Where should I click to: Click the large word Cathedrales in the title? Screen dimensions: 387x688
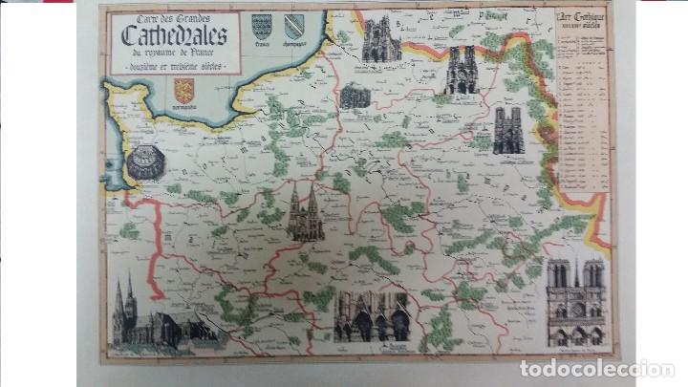pyautogui.click(x=173, y=34)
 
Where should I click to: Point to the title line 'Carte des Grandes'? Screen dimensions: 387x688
pyautogui.click(x=173, y=16)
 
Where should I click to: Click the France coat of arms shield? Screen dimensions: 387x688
pyautogui.click(x=260, y=26)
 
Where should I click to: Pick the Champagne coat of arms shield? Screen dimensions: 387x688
pyautogui.click(x=294, y=25)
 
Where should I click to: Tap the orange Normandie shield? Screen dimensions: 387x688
pyautogui.click(x=184, y=90)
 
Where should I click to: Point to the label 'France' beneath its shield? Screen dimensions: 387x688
pyautogui.click(x=260, y=44)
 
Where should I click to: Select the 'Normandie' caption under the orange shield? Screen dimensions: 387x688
pyautogui.click(x=184, y=107)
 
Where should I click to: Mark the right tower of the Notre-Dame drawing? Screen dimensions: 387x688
pyautogui.click(x=593, y=277)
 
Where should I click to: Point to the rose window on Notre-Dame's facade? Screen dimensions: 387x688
pyautogui.click(x=576, y=308)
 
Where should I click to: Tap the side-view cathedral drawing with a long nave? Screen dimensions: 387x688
pyautogui.click(x=162, y=315)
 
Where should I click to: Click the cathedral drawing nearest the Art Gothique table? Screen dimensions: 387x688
pyautogui.click(x=508, y=130)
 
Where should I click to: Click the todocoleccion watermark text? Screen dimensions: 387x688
pyautogui.click(x=596, y=369)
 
